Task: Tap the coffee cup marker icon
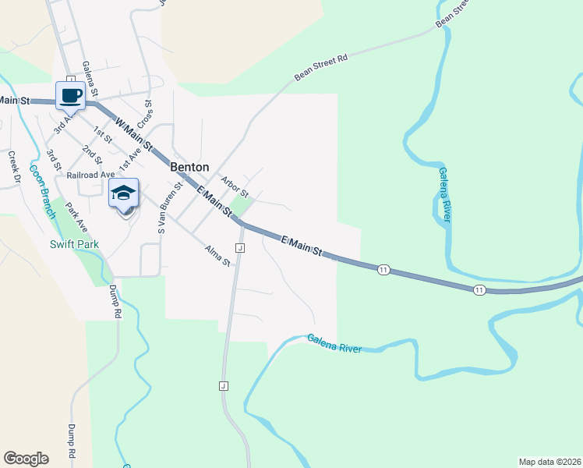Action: tap(71, 96)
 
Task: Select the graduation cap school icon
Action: tap(123, 193)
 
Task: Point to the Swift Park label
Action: tap(75, 244)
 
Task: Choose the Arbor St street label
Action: tap(234, 187)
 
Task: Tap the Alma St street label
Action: tap(217, 255)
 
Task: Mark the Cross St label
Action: tap(145, 114)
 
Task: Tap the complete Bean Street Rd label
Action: tap(320, 67)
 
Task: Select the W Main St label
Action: tap(133, 133)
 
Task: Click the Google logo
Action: tap(26, 459)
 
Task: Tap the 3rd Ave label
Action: tap(62, 124)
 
